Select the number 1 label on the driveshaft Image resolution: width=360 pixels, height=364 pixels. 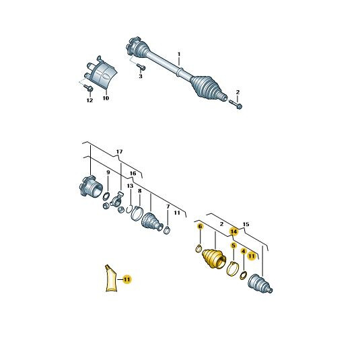pos(179,54)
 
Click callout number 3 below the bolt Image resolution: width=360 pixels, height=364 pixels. pos(141,76)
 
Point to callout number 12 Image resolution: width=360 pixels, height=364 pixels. pos(89,100)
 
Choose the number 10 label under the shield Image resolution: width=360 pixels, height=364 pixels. pos(106,98)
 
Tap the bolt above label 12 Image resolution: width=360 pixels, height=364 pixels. pos(88,88)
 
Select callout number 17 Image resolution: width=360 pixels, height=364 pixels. pos(119,152)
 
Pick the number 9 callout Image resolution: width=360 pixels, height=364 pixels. pos(108,172)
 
